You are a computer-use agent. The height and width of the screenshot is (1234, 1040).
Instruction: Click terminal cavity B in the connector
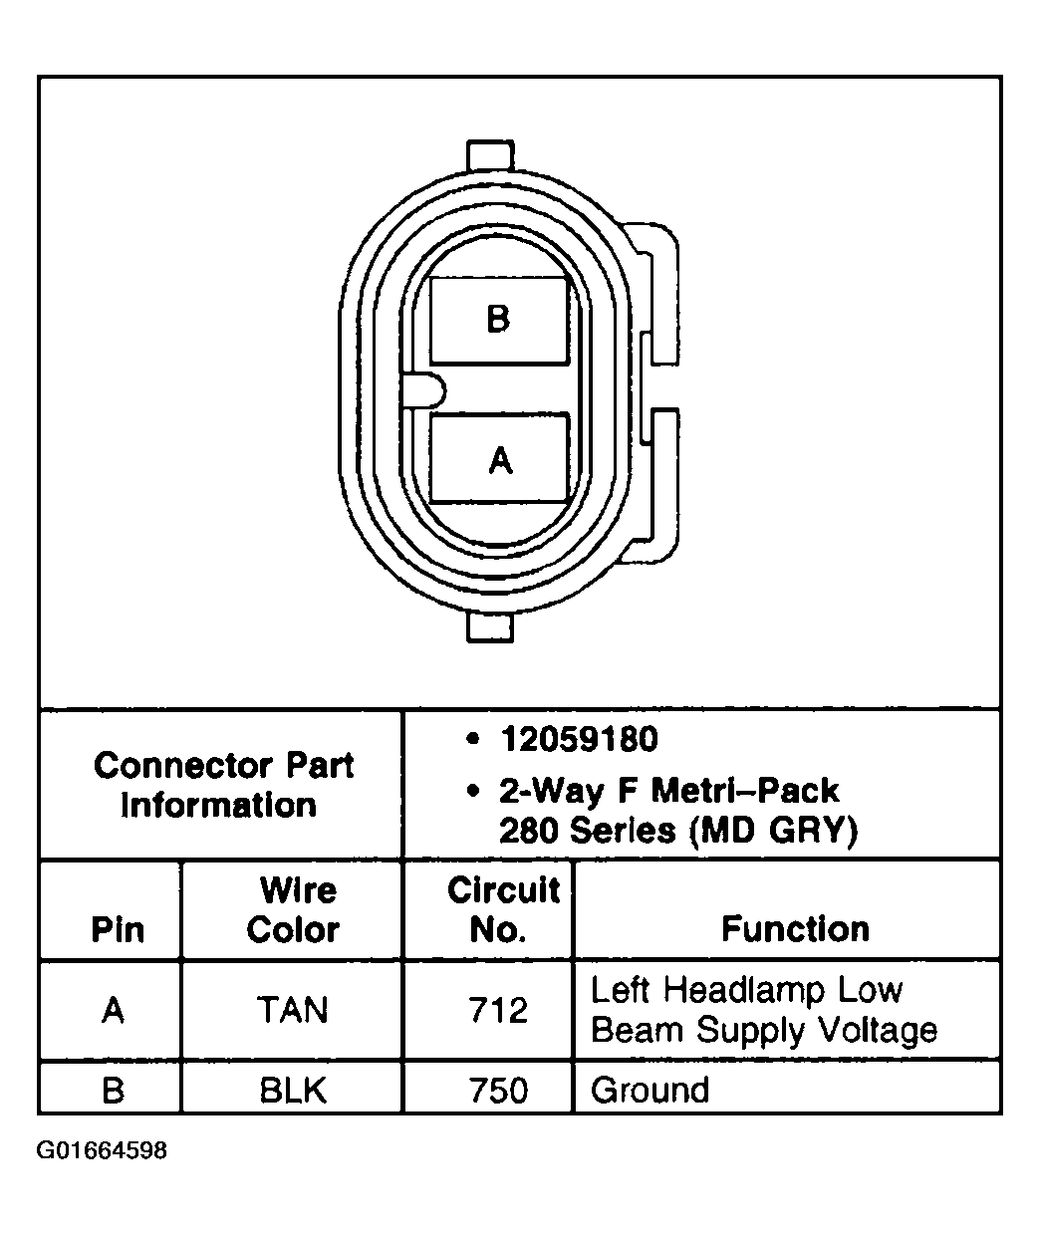pyautogui.click(x=498, y=319)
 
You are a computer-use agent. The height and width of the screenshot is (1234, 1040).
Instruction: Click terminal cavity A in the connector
pyautogui.click(x=499, y=459)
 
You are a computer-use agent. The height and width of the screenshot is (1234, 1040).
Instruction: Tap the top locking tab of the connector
pyautogui.click(x=489, y=157)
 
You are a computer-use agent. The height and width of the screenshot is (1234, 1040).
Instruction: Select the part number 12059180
pyautogui.click(x=579, y=739)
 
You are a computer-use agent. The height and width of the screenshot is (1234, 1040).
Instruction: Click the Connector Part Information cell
pyautogui.click(x=222, y=785)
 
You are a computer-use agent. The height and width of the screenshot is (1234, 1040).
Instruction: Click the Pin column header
pyautogui.click(x=117, y=929)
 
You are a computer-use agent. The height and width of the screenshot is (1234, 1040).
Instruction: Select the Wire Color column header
pyautogui.click(x=293, y=910)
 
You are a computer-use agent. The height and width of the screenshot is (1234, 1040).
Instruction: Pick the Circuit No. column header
pyautogui.click(x=501, y=910)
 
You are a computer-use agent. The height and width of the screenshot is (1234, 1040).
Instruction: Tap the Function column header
pyautogui.click(x=795, y=929)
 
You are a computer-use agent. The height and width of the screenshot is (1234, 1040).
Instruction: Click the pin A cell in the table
pyautogui.click(x=114, y=1011)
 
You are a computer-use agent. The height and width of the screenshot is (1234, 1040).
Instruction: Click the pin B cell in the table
pyautogui.click(x=114, y=1090)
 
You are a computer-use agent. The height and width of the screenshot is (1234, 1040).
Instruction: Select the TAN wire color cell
pyautogui.click(x=293, y=1011)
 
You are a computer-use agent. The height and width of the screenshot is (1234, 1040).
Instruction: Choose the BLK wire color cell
pyautogui.click(x=293, y=1090)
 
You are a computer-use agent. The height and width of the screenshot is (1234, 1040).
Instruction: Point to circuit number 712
pyautogui.click(x=498, y=1011)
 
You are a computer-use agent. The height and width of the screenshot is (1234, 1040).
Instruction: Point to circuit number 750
pyautogui.click(x=498, y=1090)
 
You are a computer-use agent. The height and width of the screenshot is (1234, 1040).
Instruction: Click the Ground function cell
pyautogui.click(x=650, y=1090)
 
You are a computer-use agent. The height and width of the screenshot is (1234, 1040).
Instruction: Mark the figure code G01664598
pyautogui.click(x=102, y=1151)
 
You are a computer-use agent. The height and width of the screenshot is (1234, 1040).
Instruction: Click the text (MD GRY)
pyautogui.click(x=773, y=830)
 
